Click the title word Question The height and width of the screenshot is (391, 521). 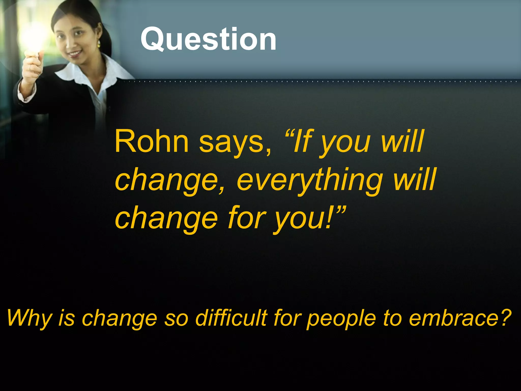click(208, 39)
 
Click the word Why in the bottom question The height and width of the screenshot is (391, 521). click(29, 318)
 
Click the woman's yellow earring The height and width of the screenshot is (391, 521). click(99, 44)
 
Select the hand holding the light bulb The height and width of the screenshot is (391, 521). click(32, 65)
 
